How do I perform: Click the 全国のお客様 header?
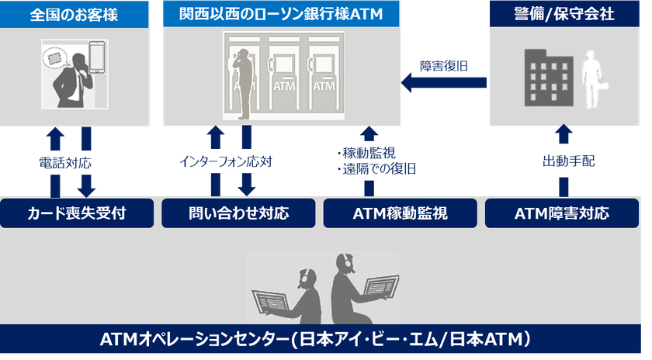pos(75,14)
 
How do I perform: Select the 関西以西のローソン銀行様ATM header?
pos(282,14)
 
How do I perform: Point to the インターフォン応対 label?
pos(227,164)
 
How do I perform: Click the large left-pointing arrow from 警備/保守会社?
pos(443,81)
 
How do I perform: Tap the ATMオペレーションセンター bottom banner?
pos(326,339)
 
